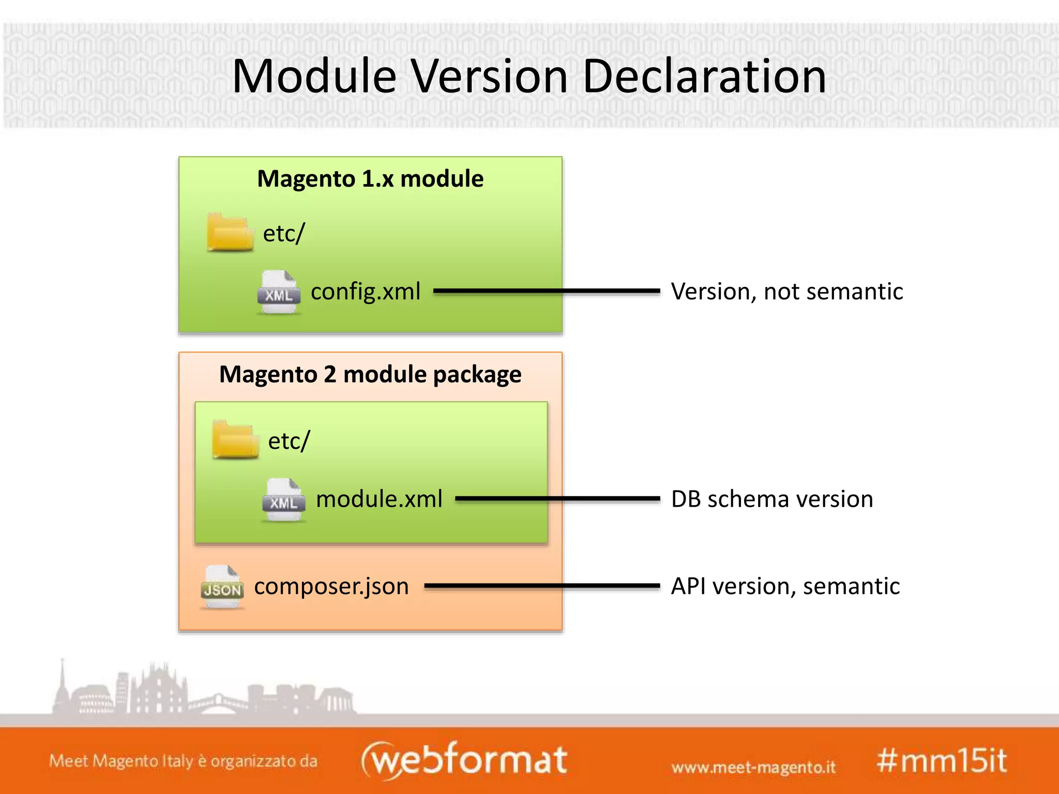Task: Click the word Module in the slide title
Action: click(x=314, y=77)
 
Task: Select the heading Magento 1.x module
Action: click(x=370, y=179)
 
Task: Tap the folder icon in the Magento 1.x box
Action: click(x=230, y=233)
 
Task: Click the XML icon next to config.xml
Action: click(x=279, y=292)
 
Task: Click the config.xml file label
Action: click(x=365, y=292)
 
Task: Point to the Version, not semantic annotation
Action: click(x=786, y=292)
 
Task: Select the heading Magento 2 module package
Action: click(x=370, y=374)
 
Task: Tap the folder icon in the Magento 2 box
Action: click(x=235, y=440)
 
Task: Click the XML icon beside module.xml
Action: click(x=283, y=500)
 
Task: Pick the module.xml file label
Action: click(x=379, y=499)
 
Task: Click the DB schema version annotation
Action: click(x=772, y=499)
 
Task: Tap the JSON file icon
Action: click(x=222, y=587)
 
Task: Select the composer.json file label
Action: click(x=331, y=586)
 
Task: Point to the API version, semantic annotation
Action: click(x=785, y=586)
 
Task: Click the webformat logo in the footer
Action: click(x=464, y=760)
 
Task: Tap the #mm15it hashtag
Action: click(x=942, y=761)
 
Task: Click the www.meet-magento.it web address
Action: click(x=753, y=767)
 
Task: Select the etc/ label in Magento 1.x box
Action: click(x=284, y=233)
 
